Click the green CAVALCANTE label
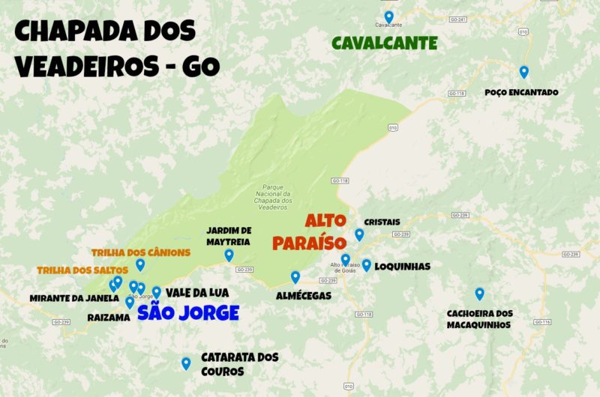pyautogui.click(x=384, y=43)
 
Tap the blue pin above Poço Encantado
pyautogui.click(x=524, y=72)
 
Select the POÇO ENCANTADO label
pyautogui.click(x=522, y=92)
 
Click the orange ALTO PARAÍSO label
pyautogui.click(x=309, y=232)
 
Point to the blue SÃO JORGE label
pyautogui.click(x=188, y=312)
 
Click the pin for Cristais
pyautogui.click(x=359, y=234)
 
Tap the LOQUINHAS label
pyautogui.click(x=402, y=266)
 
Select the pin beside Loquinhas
pyautogui.click(x=367, y=264)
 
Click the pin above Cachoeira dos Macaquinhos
pyautogui.click(x=479, y=294)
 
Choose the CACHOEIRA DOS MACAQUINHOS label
pyautogui.click(x=480, y=319)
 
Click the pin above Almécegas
pyautogui.click(x=295, y=277)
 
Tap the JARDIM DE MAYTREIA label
pyautogui.click(x=228, y=235)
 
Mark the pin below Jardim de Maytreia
pyautogui.click(x=229, y=255)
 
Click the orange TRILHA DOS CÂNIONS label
pyautogui.click(x=141, y=252)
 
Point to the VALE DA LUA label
pyautogui.click(x=197, y=293)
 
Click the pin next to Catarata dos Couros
pyautogui.click(x=186, y=363)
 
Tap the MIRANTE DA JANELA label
pyautogui.click(x=74, y=298)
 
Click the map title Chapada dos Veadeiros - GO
pyautogui.click(x=116, y=49)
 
